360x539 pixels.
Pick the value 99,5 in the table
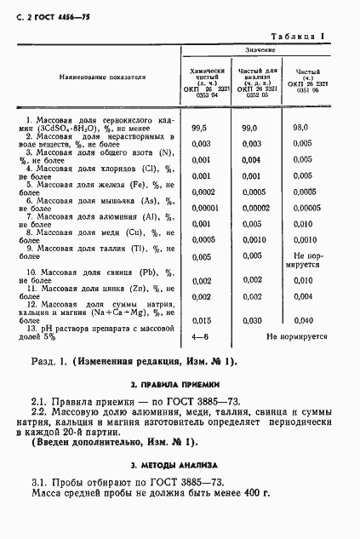pos(201,128)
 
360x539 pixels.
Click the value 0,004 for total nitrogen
pos(250,159)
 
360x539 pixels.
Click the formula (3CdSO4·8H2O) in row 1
pos(71,129)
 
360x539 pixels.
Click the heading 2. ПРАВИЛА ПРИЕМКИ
pos(180,384)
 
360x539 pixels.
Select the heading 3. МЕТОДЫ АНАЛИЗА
pos(180,465)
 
